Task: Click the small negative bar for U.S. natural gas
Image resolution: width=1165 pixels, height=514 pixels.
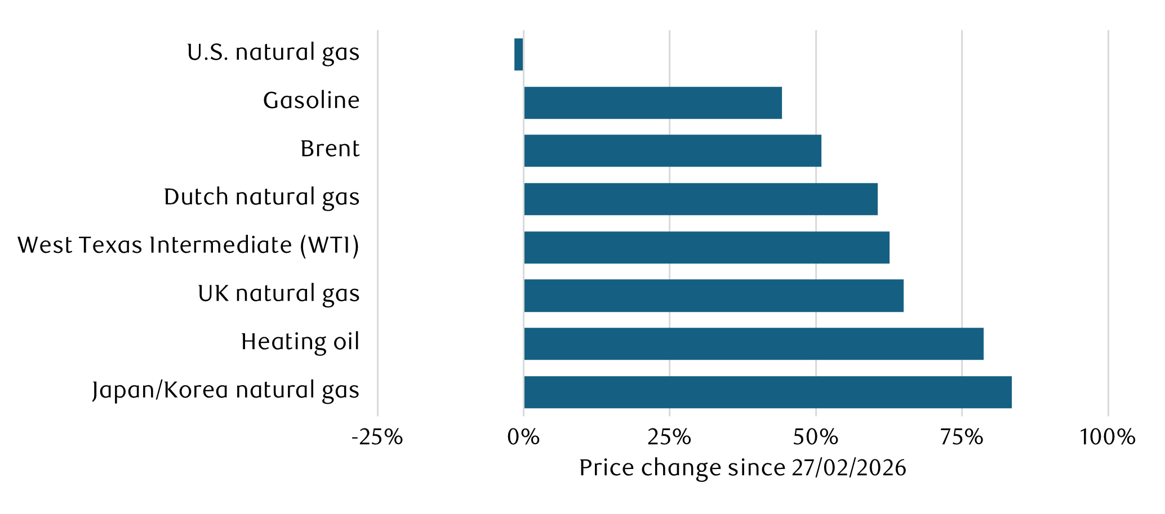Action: [518, 55]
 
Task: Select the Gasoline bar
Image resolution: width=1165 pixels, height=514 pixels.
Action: [653, 103]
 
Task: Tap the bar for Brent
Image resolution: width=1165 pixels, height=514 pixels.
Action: [673, 151]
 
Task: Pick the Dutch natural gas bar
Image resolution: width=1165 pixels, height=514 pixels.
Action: [701, 199]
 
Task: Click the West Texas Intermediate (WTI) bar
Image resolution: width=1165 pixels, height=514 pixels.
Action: [706, 248]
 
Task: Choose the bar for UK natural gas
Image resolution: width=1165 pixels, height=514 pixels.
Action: [714, 296]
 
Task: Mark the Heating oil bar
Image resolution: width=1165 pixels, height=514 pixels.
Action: [754, 344]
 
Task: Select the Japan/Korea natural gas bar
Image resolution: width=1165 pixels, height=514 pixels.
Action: [768, 392]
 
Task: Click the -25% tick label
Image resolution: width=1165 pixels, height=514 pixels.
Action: [377, 437]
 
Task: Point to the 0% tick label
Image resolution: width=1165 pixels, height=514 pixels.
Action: [523, 437]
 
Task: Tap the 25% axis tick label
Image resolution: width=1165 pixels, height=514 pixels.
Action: [669, 437]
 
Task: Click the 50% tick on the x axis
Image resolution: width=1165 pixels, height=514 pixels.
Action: [816, 437]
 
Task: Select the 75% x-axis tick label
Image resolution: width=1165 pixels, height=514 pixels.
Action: [962, 437]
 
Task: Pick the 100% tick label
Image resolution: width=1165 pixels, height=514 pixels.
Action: [1107, 437]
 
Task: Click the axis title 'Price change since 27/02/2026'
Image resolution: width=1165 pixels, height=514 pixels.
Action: [742, 468]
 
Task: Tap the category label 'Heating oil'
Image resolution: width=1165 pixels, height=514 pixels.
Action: [300, 342]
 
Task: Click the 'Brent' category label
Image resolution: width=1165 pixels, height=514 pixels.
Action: [330, 149]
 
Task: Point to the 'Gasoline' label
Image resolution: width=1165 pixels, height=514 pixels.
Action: [311, 101]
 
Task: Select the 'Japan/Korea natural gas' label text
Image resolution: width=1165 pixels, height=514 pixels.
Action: [225, 391]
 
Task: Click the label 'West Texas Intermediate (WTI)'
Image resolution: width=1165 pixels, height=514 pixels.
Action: [188, 246]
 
